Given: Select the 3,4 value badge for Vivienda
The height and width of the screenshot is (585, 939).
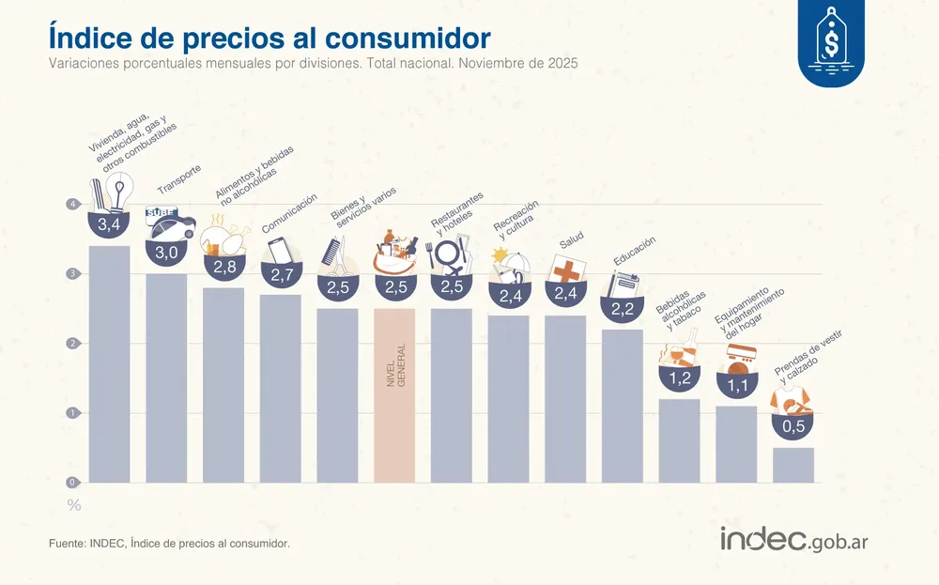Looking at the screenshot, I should tap(109, 226).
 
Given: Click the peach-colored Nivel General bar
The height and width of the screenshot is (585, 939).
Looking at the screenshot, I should tap(394, 394).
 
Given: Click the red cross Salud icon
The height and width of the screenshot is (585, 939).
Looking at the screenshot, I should tap(566, 270).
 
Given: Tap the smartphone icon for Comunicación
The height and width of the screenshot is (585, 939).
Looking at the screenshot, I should tap(280, 251).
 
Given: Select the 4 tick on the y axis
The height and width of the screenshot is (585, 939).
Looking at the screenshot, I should tap(71, 205).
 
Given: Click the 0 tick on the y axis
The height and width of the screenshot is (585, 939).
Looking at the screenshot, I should tap(71, 483).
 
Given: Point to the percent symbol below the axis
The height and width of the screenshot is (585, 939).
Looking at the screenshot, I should tap(73, 505).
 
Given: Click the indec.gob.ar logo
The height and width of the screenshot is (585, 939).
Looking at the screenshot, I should tap(806, 539).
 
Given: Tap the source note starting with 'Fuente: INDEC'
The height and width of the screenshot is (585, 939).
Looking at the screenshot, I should tap(169, 544).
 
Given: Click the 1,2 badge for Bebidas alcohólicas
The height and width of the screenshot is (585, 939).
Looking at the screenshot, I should tap(679, 378).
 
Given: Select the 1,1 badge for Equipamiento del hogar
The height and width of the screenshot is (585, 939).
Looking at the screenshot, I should tap(736, 383).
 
